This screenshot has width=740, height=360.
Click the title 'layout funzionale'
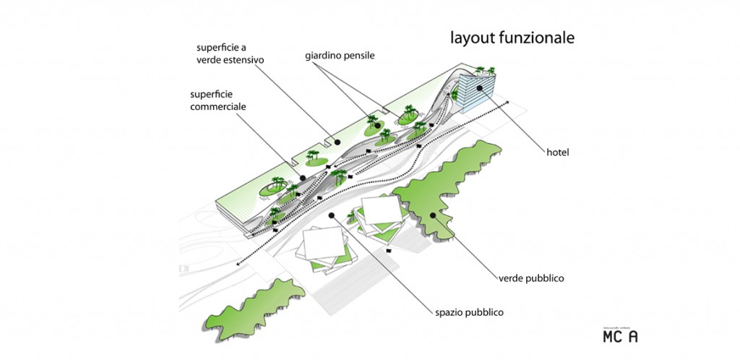pos(512,38)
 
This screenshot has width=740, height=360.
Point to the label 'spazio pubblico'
pos(469,312)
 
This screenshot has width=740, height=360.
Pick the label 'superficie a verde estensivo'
pos(229,53)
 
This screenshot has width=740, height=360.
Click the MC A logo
pos(620,335)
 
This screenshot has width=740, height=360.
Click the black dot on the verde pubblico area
pos(433,214)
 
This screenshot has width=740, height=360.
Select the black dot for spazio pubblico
pos(331,215)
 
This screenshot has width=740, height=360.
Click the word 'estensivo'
pos(246,60)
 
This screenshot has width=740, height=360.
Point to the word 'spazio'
pos(449,312)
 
